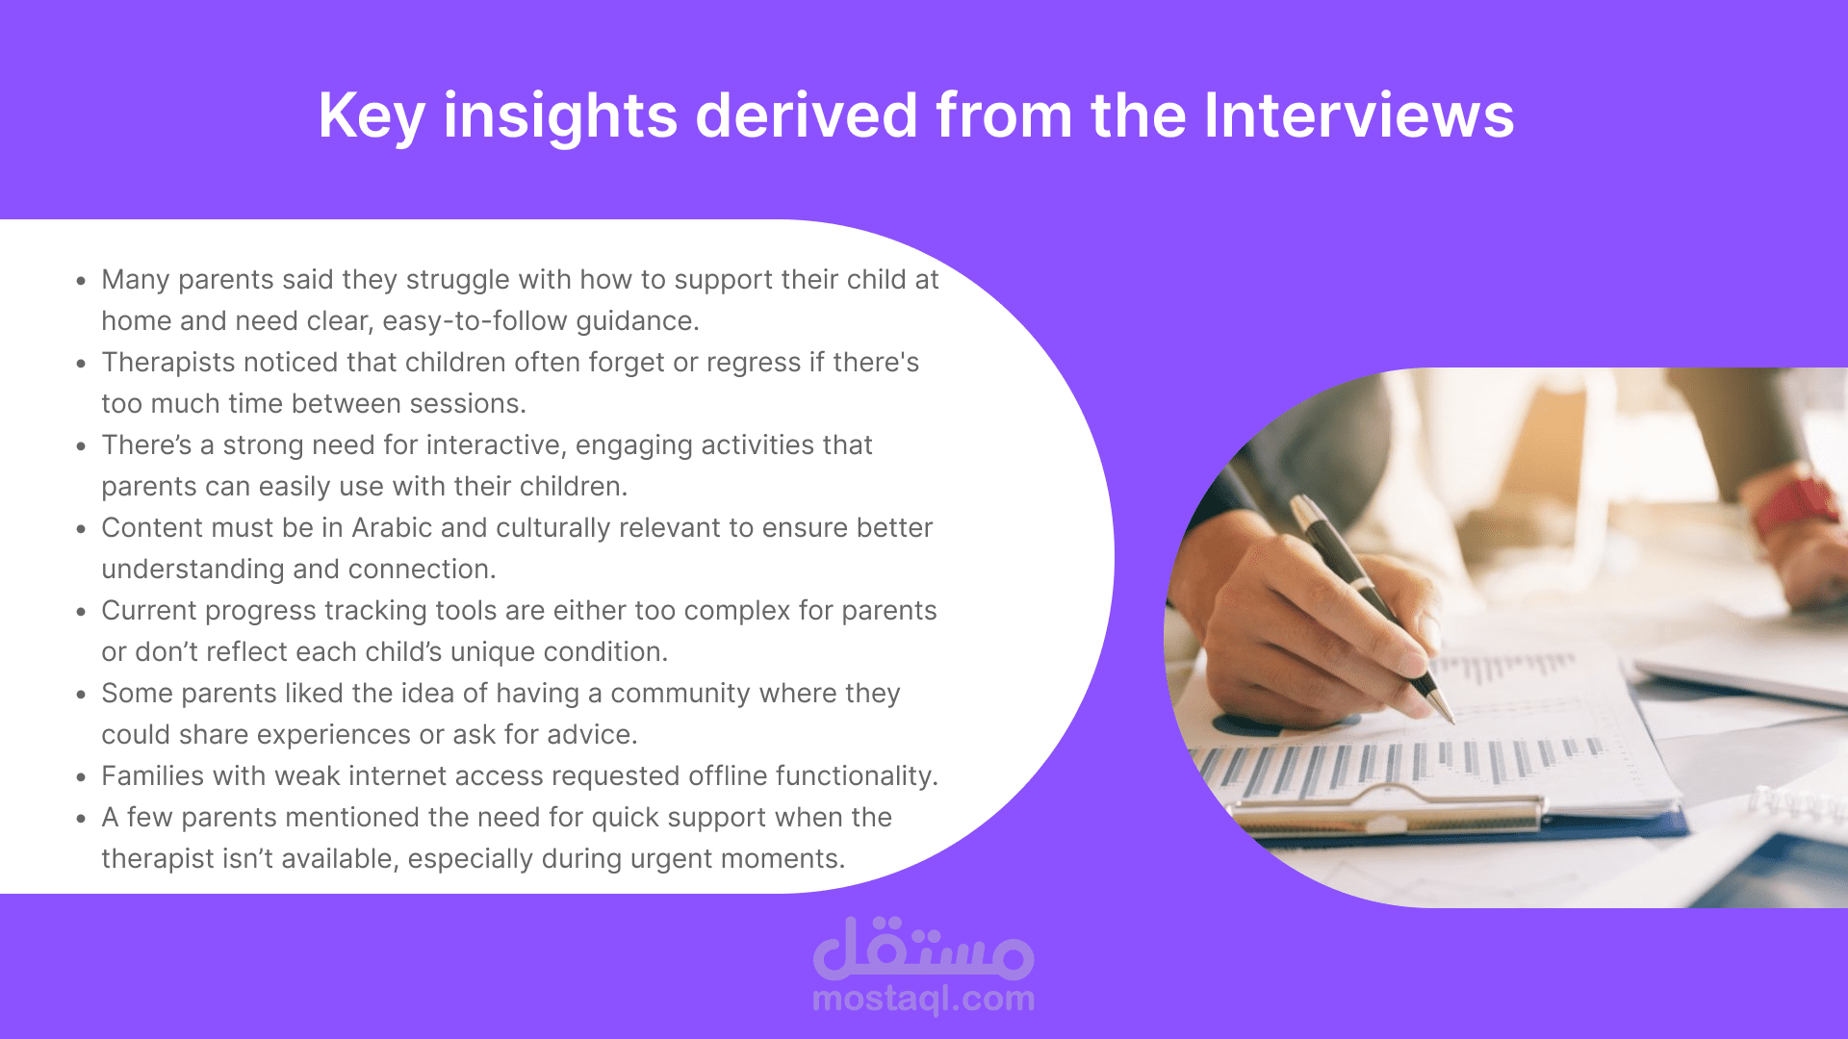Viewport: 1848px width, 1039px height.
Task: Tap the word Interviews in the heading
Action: coord(1359,115)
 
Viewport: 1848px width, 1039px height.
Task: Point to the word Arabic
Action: coord(392,527)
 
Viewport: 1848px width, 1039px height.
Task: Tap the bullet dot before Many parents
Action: coord(82,282)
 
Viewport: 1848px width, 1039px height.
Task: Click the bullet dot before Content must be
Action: coord(82,530)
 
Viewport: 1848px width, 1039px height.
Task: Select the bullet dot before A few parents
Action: coord(82,820)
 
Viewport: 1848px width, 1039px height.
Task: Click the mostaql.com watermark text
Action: coord(923,1000)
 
